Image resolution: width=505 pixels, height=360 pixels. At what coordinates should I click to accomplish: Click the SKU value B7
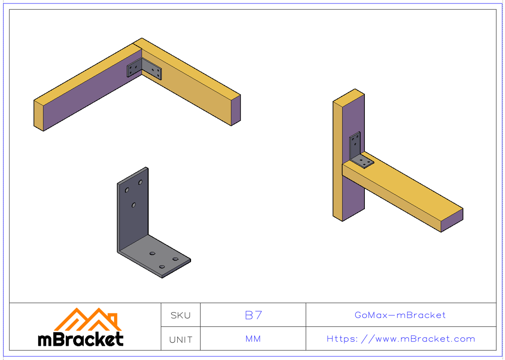coord(253,315)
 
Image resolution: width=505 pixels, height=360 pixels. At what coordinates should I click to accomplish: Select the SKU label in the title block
coord(181,315)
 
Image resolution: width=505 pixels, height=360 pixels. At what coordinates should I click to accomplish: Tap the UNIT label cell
coord(181,339)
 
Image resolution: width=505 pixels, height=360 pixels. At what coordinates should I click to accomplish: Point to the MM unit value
coord(253,339)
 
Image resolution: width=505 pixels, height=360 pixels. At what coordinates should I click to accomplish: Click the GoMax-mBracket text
coord(400,315)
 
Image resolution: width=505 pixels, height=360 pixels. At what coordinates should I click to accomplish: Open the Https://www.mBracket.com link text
coord(401,339)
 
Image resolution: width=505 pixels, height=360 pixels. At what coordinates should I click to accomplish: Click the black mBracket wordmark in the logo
coord(81,339)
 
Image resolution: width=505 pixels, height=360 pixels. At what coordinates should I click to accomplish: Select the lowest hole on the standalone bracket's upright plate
coord(133,205)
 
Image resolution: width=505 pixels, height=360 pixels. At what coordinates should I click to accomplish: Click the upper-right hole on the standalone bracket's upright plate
coord(141,182)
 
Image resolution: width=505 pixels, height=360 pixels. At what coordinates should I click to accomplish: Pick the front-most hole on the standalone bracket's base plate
coord(162,267)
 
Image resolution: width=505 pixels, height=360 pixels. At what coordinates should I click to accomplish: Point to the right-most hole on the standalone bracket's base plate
coord(175,259)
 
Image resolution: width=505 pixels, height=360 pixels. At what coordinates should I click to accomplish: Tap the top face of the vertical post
coord(348,96)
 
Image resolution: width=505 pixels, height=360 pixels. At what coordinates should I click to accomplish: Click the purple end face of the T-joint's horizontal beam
coord(452,221)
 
